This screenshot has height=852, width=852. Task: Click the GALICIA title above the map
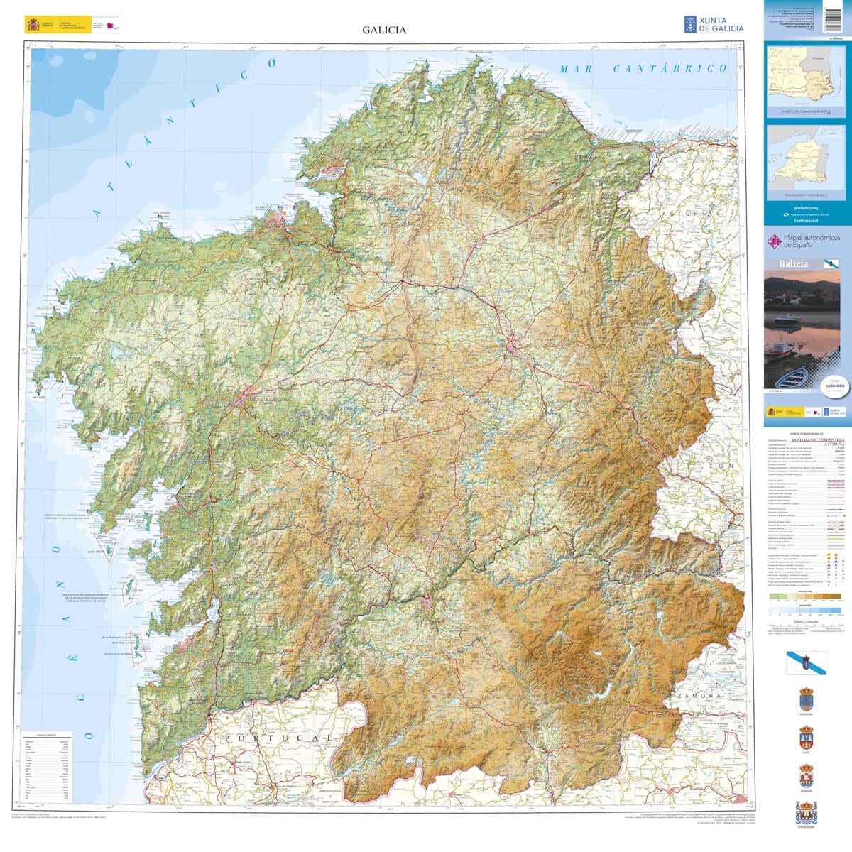pos(384,31)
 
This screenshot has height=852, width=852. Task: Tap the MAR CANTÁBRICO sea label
pos(643,69)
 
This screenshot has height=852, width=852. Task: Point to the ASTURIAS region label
pos(690,213)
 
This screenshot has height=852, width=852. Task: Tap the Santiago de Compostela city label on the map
pos(267,400)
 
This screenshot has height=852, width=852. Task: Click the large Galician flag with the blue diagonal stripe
pos(806,662)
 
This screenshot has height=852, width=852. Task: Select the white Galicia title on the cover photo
pos(793,263)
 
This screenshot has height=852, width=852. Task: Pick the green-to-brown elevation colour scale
pos(795,597)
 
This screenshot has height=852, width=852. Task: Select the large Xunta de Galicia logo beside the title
pos(714,25)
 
